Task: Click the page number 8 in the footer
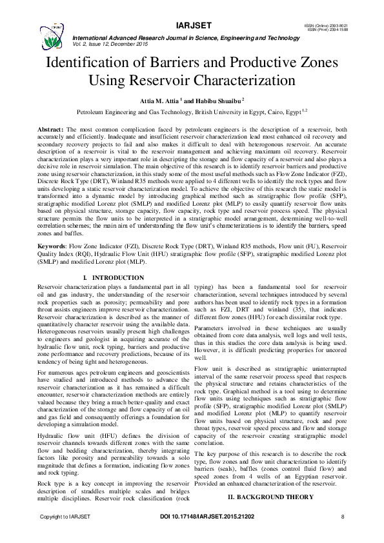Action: tap(343, 535)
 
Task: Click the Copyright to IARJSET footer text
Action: tap(66, 535)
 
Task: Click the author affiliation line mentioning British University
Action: tap(192, 111)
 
